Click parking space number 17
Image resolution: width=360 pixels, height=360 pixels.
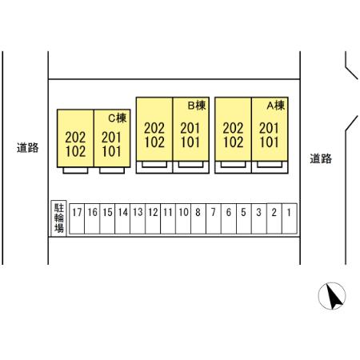point(77,218)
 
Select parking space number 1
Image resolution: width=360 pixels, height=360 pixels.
point(290,218)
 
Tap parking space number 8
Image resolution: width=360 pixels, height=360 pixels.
point(198,218)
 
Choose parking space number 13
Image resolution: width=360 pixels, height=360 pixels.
point(138,218)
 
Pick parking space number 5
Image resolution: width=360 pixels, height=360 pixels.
point(244,218)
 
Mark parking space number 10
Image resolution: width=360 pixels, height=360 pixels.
point(183,218)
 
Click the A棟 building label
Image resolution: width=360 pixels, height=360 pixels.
point(276,106)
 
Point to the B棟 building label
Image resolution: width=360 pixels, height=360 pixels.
point(197,106)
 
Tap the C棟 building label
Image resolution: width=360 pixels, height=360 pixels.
point(118,118)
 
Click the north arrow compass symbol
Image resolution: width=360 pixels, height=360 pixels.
point(332,296)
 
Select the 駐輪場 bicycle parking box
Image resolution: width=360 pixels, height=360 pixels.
point(59,218)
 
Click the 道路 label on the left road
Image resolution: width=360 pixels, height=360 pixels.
point(27,147)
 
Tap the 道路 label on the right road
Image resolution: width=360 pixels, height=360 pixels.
point(321,158)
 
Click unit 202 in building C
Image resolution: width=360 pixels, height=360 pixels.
point(75,138)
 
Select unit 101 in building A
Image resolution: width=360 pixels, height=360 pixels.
point(269,142)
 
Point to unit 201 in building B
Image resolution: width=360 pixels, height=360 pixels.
point(190,128)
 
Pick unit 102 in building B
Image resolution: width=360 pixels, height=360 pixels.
point(154,142)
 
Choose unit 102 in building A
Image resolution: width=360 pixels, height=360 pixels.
point(233,142)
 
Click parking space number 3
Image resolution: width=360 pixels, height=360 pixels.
point(259,218)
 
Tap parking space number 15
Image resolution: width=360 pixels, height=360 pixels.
point(107,218)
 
